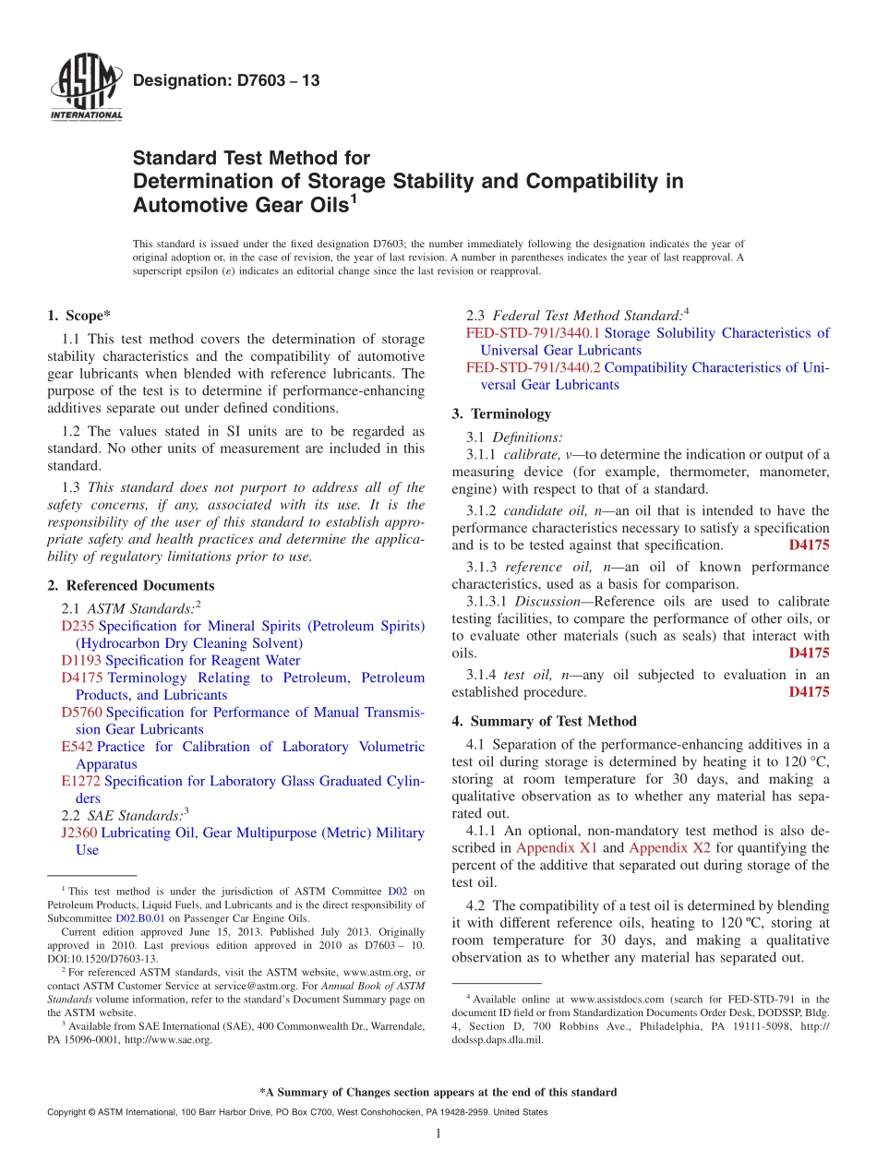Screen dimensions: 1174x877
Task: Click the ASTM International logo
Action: click(86, 89)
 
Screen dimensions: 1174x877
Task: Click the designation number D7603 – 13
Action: click(226, 81)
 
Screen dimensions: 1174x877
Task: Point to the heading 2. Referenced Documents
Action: click(130, 585)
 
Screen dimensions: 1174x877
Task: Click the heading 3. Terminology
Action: click(501, 413)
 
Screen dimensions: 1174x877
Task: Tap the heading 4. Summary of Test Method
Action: click(544, 721)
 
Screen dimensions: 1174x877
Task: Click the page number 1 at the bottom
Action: click(438, 1133)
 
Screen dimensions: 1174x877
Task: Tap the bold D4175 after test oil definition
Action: click(809, 691)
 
